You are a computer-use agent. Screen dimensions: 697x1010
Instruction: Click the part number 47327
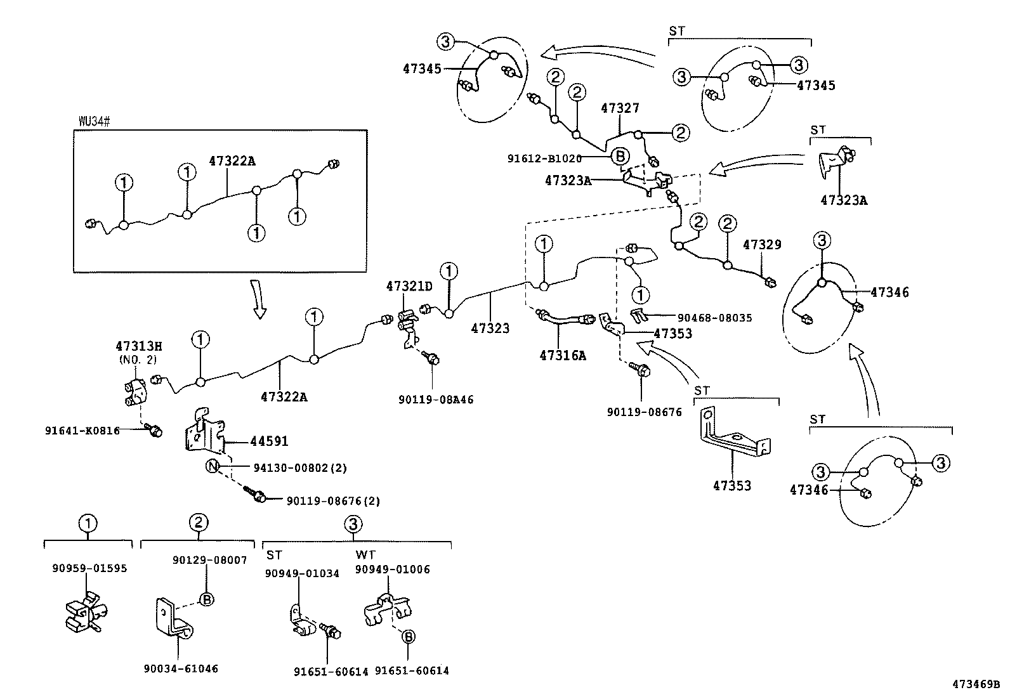[x=620, y=108]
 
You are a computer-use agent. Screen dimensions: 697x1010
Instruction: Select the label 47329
[x=762, y=244]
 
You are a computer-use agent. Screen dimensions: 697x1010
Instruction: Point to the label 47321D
[x=409, y=286]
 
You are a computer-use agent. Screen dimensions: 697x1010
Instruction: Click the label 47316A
[x=563, y=356]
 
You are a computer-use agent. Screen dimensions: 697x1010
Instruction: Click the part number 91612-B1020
[x=544, y=159]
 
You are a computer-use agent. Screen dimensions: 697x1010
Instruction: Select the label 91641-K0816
[x=82, y=430]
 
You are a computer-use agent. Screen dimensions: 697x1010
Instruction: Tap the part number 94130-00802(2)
[x=300, y=468]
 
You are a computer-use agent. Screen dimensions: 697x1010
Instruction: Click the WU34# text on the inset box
[x=95, y=121]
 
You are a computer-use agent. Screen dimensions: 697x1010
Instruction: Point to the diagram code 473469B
[x=975, y=684]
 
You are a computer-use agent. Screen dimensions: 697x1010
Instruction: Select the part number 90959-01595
[x=89, y=568]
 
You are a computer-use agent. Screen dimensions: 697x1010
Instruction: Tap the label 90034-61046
[x=181, y=668]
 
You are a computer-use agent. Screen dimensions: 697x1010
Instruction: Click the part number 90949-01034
[x=302, y=573]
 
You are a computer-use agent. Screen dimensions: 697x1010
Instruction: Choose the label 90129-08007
[x=210, y=561]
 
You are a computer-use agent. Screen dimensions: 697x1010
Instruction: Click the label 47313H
[x=138, y=346]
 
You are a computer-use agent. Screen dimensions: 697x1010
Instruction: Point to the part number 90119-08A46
[x=436, y=400]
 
